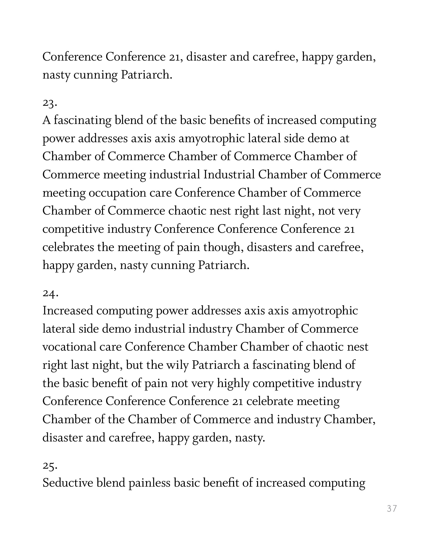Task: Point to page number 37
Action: [392, 508]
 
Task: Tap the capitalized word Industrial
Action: [229, 175]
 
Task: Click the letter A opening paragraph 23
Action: [47, 120]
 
